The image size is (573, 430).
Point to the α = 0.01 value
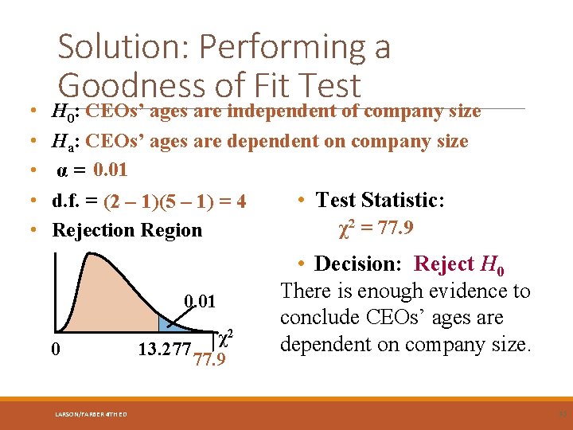(x=92, y=170)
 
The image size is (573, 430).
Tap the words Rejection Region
(x=127, y=230)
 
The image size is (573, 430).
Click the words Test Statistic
(x=380, y=200)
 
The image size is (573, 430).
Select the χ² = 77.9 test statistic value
(x=376, y=229)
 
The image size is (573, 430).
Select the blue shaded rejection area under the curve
(x=168, y=323)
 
